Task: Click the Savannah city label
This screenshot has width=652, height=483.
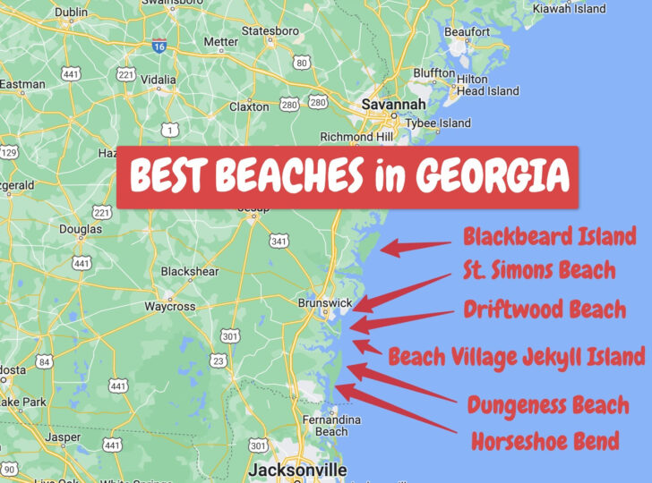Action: point(394,105)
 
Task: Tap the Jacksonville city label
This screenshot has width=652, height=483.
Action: point(296,470)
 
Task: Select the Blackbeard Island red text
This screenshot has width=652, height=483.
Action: point(549,236)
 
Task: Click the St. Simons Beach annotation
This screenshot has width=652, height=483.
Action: point(539,270)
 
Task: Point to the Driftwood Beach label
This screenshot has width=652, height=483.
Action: point(545,309)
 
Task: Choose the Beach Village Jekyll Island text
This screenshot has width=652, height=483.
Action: point(516,357)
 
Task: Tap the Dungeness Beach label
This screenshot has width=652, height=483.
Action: point(548,405)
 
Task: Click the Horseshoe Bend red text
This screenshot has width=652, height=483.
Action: point(545,441)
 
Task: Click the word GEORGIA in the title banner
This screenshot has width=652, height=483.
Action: point(491,176)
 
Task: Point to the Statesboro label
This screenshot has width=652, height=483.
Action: point(270,31)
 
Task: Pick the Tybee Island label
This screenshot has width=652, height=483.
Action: point(442,123)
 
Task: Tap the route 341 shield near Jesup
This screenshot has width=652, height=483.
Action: point(278,241)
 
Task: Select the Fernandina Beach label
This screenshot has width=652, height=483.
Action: point(332,425)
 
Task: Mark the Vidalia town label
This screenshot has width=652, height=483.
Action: point(158,79)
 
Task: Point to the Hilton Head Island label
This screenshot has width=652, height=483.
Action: point(488,85)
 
